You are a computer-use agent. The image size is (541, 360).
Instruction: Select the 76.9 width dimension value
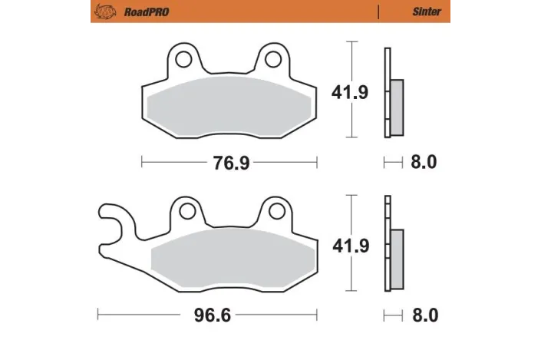[231, 163]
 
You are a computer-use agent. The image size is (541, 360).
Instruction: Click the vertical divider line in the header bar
[378, 12]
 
